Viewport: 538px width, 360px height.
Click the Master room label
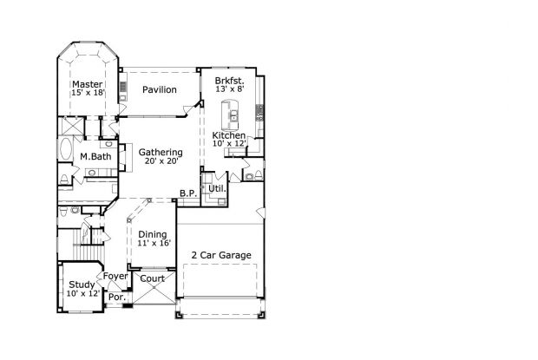coord(88,84)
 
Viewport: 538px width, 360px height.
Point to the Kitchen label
coord(229,136)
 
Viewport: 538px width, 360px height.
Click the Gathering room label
coord(160,152)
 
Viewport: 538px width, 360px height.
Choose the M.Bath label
coord(94,156)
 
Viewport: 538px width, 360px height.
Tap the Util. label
coord(216,187)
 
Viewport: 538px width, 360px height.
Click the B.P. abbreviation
coord(187,193)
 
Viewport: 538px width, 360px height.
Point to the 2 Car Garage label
coord(221,255)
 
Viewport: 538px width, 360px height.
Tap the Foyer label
coord(115,277)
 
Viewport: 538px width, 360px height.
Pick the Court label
coord(153,278)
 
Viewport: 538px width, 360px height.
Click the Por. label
coord(116,298)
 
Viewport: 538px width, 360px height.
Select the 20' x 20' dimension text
coord(160,161)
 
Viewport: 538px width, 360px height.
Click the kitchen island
coord(233,112)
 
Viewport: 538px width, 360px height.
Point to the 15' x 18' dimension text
coord(88,94)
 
